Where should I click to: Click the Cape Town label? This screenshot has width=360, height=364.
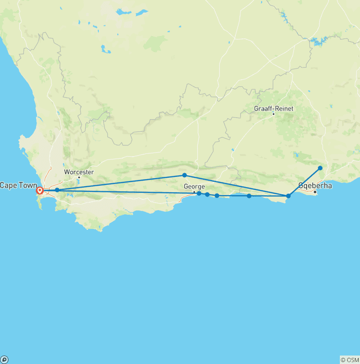18,185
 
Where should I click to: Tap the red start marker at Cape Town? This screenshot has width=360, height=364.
40,190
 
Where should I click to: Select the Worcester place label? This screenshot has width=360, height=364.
79,172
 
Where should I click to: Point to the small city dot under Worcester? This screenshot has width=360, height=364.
79,177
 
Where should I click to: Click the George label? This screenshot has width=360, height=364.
194,186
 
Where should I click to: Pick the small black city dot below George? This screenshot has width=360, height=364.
194,192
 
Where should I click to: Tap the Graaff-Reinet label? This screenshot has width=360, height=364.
273,108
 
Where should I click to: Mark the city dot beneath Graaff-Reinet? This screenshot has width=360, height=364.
273,114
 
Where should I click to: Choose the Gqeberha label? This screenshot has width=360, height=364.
315,185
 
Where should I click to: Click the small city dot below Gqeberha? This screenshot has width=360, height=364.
315,191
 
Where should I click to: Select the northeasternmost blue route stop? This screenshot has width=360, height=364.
320,168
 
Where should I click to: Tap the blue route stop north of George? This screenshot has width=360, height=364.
184,175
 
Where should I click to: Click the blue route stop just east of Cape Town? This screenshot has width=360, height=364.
57,190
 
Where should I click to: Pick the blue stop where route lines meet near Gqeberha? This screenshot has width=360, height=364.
288,196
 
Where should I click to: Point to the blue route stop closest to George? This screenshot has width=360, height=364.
199,193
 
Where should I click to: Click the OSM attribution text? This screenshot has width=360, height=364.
349,360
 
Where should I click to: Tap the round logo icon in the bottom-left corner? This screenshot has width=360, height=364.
4,360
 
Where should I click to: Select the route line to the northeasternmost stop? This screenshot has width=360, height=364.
305,182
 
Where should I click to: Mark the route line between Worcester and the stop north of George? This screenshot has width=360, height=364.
122,182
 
